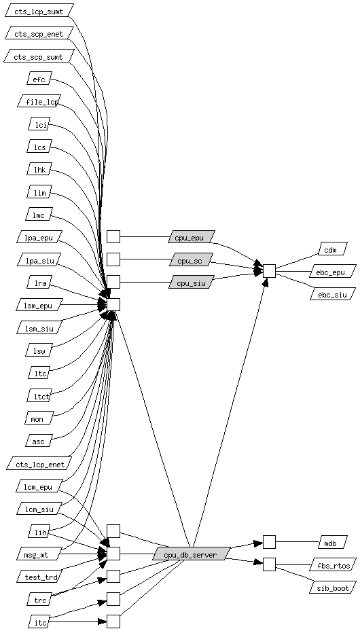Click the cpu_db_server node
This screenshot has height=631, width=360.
[192, 554]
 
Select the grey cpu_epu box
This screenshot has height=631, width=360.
[192, 237]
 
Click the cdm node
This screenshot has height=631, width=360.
[333, 249]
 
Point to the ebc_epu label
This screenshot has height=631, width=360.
[333, 271]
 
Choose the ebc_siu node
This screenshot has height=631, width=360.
[333, 294]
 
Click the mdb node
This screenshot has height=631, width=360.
[333, 542]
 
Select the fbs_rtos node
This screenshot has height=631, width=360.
[333, 564]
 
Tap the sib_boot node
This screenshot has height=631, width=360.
[333, 587]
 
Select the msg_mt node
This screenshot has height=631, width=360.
[39, 554]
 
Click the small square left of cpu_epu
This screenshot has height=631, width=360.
[113, 237]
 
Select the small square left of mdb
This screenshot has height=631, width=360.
[269, 542]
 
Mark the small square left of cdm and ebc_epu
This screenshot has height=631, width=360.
[269, 271]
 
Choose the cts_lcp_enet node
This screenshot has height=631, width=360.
[39, 463]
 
